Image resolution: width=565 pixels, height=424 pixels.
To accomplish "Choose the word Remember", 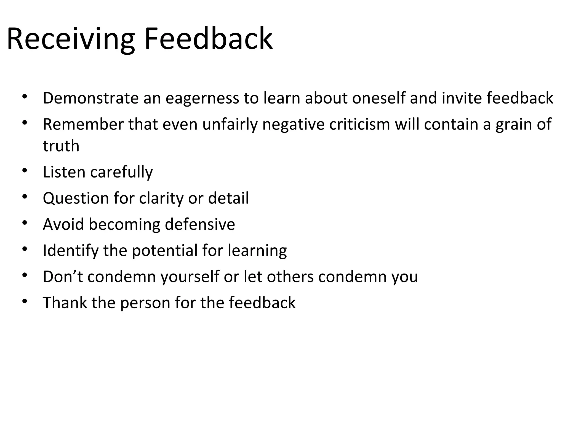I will coord(83,124).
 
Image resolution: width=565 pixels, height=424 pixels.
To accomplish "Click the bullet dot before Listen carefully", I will coord(25,171).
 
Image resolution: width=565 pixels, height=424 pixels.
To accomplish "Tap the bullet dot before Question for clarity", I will coord(25,197).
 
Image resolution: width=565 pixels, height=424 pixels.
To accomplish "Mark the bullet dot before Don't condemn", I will coord(25,275).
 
